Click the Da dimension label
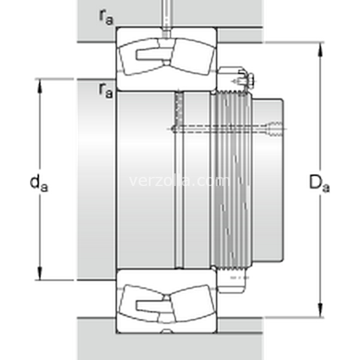(x=319, y=183)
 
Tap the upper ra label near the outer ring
(x=106, y=17)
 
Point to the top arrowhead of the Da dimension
(x=321, y=49)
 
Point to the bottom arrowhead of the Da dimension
(x=321, y=310)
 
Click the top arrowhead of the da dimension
(x=40, y=86)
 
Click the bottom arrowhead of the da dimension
(x=40, y=273)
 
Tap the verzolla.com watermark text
(x=179, y=181)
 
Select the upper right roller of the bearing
(x=193, y=57)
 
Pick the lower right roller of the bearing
(x=192, y=303)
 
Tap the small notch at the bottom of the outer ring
(x=167, y=331)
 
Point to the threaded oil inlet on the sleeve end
(x=274, y=129)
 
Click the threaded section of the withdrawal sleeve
(x=232, y=180)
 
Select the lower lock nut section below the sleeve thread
(x=232, y=281)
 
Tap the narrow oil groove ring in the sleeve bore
(x=179, y=180)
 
